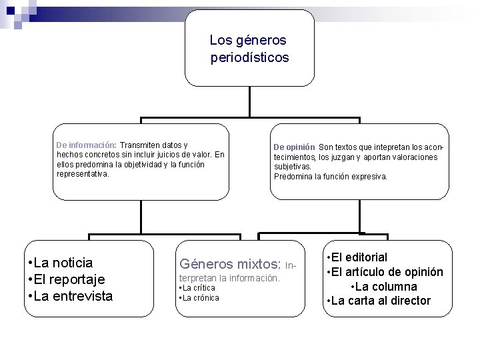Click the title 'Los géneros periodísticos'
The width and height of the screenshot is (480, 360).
249,49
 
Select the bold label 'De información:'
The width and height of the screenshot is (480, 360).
87,145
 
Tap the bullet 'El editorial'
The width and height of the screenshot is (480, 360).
359,257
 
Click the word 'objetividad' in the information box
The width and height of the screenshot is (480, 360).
137,164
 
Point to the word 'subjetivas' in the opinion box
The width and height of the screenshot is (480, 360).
291,167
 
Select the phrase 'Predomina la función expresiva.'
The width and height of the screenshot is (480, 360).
330,177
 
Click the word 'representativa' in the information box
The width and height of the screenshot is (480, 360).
81,173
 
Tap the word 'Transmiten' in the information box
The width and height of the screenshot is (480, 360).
141,145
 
